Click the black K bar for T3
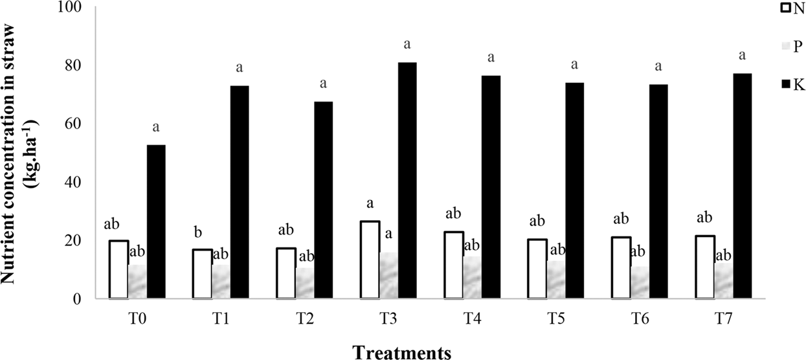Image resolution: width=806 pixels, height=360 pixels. click(407, 181)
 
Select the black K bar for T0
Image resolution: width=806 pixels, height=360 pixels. click(156, 221)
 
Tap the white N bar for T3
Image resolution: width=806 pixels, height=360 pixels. click(370, 260)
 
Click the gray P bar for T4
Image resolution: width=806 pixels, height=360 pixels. click(472, 278)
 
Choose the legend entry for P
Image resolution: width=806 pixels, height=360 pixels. click(786, 47)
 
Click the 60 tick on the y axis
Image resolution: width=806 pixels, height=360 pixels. click(84, 124)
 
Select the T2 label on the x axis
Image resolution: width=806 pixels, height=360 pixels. click(304, 319)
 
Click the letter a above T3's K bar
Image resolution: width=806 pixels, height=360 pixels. click(407, 45)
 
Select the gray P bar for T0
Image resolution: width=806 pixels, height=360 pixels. click(137, 282)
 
